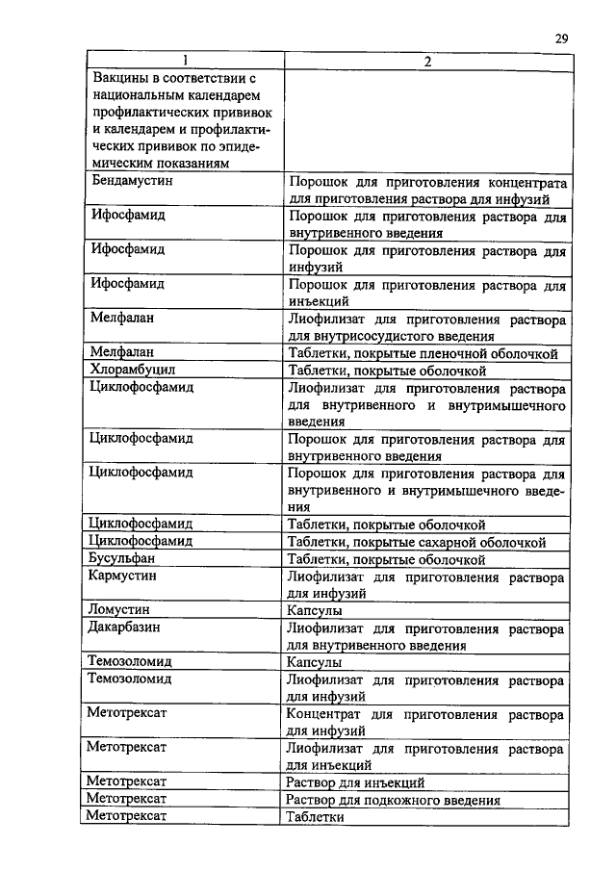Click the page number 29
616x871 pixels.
pos(562,38)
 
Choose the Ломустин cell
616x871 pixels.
pos(118,610)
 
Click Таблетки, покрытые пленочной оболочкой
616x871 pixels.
pos(423,353)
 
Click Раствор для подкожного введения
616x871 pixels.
pos(394,800)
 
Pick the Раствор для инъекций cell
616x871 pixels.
pos(356,782)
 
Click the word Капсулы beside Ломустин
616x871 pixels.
pos(315,610)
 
